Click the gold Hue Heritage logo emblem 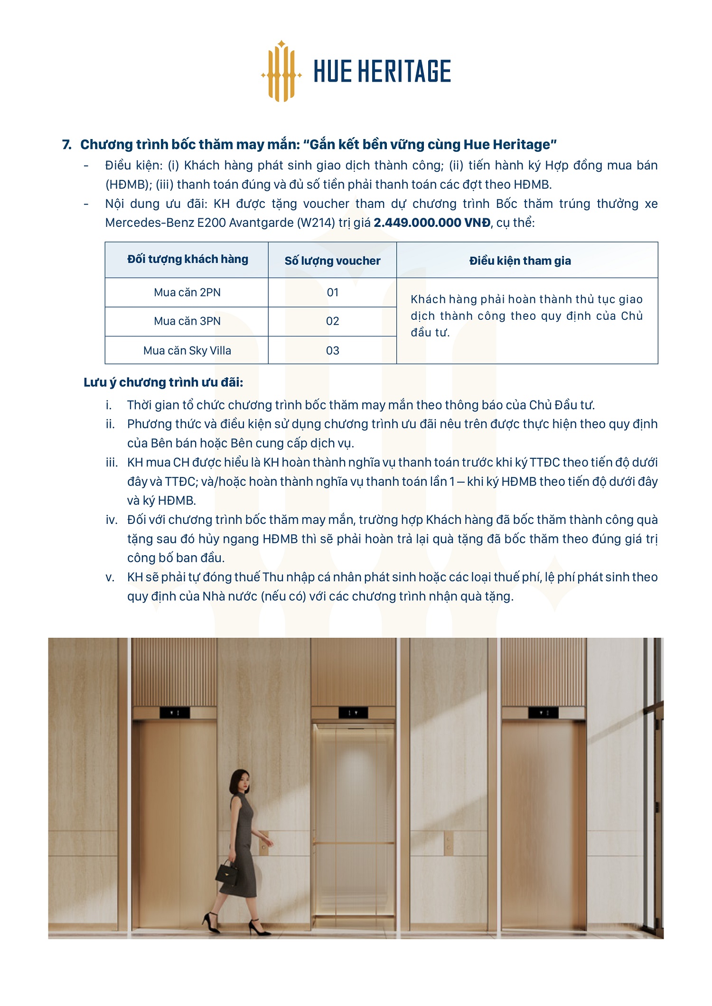coord(281,72)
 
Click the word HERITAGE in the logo coord(404,72)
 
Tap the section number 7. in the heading coord(67,145)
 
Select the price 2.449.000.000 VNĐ coord(432,223)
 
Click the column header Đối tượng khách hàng coord(187,259)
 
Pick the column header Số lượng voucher coord(332,261)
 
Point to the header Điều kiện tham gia coord(520,261)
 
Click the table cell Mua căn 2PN coord(187,292)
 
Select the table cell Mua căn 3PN coord(187,321)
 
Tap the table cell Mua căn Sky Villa coord(187,351)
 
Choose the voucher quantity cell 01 coord(332,292)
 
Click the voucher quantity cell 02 coord(332,321)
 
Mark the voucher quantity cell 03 coord(332,351)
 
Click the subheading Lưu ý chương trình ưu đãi coord(163,382)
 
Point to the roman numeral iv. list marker coord(112,520)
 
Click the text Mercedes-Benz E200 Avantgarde coord(199,223)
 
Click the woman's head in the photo coord(240,781)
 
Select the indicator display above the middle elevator coord(353,713)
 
